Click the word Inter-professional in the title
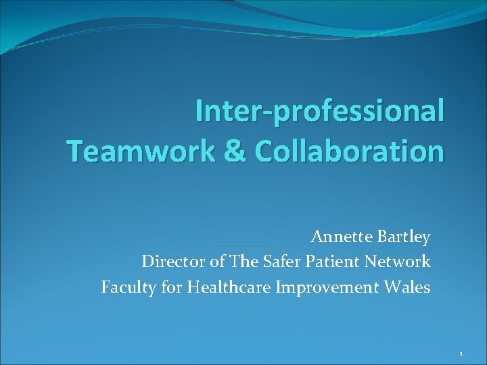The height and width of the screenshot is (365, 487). coord(320,112)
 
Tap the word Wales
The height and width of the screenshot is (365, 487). coord(409,288)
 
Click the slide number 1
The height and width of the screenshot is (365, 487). coord(460,354)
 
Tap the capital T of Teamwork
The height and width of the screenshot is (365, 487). coord(75,151)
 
